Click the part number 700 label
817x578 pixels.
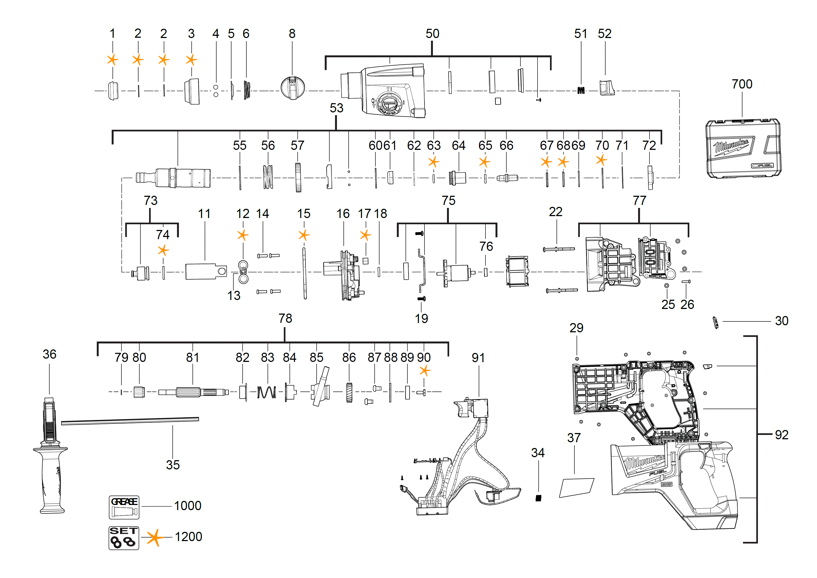click(x=742, y=84)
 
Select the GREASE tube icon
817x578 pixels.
click(x=124, y=507)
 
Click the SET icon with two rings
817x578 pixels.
click(x=124, y=538)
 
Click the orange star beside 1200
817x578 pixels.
click(x=155, y=537)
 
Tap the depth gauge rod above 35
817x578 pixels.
click(x=130, y=422)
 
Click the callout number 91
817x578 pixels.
click(x=478, y=358)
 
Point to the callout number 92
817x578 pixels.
click(x=781, y=435)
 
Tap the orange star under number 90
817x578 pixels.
click(x=424, y=371)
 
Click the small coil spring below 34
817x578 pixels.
click(x=538, y=498)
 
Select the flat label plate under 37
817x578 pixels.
click(x=576, y=488)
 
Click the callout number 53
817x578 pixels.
click(x=336, y=108)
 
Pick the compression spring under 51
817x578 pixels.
click(x=581, y=90)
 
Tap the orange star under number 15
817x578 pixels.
click(x=304, y=235)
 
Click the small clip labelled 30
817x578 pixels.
click(x=716, y=323)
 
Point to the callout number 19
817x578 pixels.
click(x=421, y=318)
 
